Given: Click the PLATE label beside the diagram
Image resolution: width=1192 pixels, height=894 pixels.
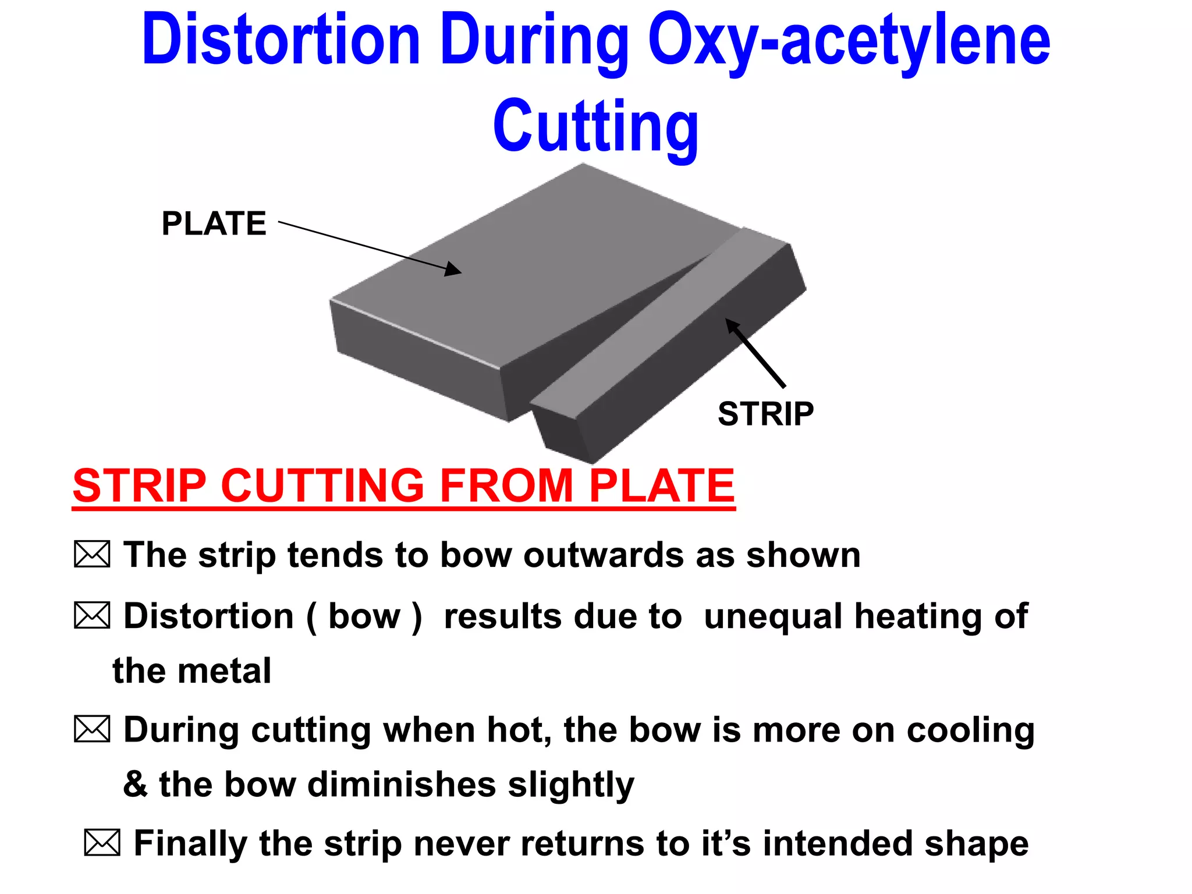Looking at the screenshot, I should click(x=214, y=223).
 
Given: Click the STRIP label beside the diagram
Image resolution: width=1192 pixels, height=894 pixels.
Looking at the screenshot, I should click(x=765, y=414).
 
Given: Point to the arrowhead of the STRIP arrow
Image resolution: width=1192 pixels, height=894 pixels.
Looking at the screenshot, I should click(x=732, y=325).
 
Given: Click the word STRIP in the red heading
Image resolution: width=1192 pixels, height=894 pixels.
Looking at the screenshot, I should click(x=140, y=485).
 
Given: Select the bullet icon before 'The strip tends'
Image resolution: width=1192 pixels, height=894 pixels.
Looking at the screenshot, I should click(x=92, y=554).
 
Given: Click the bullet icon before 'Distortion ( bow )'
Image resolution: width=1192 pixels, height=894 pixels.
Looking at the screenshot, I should click(x=92, y=616).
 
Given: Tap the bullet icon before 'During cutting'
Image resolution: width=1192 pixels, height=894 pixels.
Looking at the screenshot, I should click(x=92, y=729).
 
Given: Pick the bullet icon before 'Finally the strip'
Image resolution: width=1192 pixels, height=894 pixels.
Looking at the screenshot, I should click(x=102, y=843).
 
